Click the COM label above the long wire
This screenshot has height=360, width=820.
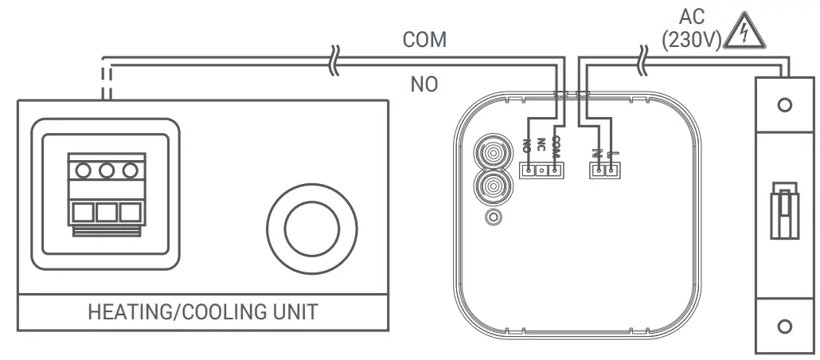[x=424, y=40]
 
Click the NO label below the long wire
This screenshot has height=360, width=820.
[x=424, y=84]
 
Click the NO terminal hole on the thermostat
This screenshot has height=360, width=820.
[x=528, y=170]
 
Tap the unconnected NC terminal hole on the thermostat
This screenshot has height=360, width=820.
[x=541, y=170]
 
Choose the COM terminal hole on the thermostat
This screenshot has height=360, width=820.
[x=555, y=170]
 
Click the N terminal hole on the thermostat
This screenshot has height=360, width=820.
[x=597, y=170]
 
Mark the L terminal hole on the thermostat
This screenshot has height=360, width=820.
[x=610, y=170]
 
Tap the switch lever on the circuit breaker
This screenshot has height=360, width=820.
[x=784, y=211]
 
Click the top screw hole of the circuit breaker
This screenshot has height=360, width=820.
[x=784, y=105]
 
